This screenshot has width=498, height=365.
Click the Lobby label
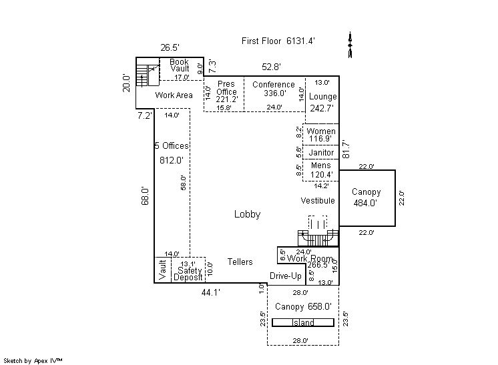coord(247,214)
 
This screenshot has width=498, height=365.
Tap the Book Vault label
coord(180,65)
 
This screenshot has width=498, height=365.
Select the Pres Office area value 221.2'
coord(227,99)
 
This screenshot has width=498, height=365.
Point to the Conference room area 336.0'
coord(274,93)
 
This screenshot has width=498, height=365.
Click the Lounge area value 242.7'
coord(322,107)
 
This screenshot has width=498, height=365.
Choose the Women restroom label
coord(321,131)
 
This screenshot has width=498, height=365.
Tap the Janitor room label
coord(321,152)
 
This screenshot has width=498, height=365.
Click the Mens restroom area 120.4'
coord(321,175)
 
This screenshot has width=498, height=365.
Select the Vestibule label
coord(316,200)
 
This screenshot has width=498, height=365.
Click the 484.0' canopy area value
coord(366,202)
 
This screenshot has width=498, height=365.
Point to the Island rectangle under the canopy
coord(303,323)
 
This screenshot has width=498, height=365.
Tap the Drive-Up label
coord(285,276)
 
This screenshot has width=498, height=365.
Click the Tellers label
coord(240,262)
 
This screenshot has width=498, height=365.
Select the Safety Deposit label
coord(188,274)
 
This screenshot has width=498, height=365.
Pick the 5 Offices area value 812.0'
coord(171,160)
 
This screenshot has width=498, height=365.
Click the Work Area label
coord(174,95)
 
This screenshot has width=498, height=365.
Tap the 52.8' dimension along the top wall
coord(271,67)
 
